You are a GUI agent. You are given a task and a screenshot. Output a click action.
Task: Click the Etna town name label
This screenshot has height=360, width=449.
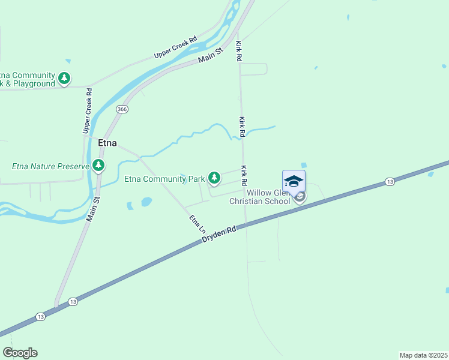107,143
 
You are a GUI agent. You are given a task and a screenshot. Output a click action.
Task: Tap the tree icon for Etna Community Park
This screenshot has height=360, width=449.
214,178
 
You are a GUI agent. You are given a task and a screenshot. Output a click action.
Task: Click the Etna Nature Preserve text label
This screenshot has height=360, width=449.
50,166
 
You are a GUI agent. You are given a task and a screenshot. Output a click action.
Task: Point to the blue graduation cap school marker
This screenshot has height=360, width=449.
294,181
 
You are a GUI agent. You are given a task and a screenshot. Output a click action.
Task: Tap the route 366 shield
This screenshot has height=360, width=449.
122,109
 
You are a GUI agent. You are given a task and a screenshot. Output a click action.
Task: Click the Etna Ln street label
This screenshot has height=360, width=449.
197,224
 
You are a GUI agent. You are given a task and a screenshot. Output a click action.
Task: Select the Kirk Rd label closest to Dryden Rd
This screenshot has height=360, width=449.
244,175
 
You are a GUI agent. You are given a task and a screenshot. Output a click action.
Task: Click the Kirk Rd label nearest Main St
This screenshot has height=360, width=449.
238,51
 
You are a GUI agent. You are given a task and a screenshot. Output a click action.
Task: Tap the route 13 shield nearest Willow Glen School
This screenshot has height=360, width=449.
390,181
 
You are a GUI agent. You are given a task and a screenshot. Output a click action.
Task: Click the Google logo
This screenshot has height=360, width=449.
20,353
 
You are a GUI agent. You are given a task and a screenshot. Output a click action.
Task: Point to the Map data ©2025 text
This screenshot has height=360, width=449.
423,355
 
